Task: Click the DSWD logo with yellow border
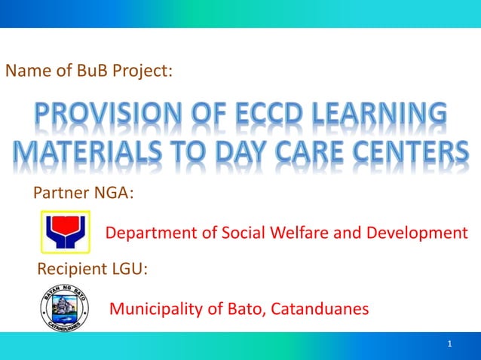click(65, 233)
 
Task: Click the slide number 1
click(449, 345)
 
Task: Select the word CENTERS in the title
click(408, 156)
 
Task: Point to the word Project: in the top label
click(147, 72)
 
